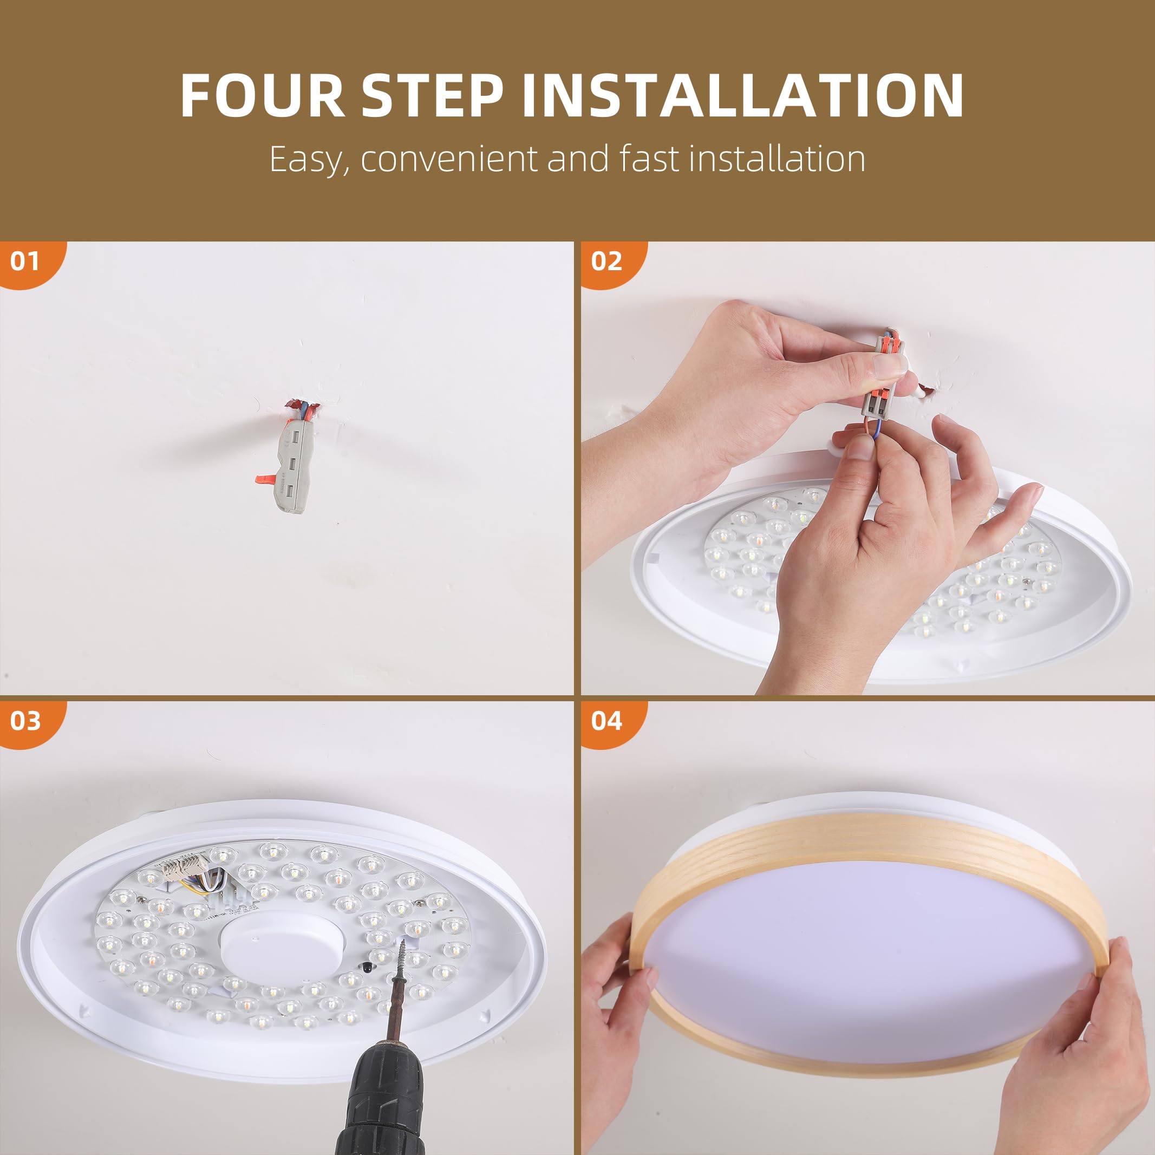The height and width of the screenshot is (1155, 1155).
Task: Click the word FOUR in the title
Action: point(263,96)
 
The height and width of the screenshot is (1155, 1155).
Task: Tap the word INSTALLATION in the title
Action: point(742,96)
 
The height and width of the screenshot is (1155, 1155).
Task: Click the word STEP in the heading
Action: point(432,96)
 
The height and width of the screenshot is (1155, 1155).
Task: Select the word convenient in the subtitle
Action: point(449,160)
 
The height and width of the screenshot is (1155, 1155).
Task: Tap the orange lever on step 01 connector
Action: point(266,478)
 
